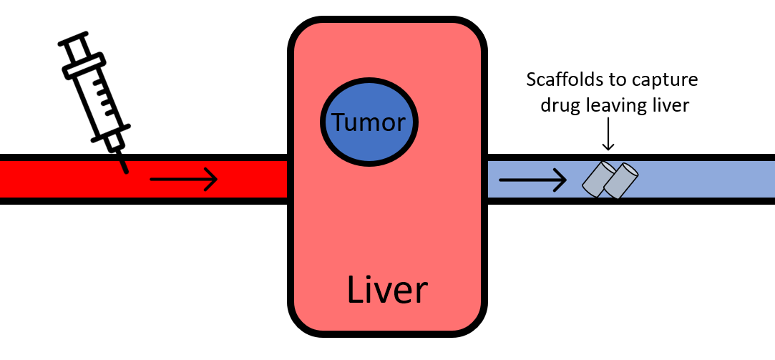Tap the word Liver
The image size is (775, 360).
pos(387,290)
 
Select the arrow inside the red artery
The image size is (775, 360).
pos(183,179)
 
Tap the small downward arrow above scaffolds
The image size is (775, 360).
pos(608,137)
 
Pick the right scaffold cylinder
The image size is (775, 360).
pos(621,181)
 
